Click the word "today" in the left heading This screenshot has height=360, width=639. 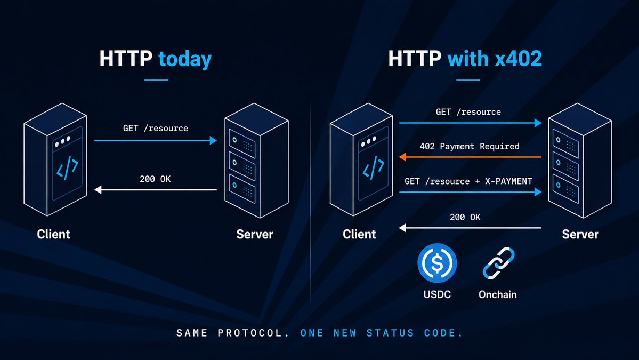coord(185,59)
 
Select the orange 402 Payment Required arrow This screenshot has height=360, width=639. coord(470,157)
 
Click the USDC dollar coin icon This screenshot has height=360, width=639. coord(437,263)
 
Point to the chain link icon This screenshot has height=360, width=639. coord(498,263)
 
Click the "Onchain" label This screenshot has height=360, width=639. coord(498,294)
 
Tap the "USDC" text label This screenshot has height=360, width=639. coord(437,294)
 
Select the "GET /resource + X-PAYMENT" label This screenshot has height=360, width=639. coord(468,181)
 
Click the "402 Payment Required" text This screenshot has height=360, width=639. coord(470,146)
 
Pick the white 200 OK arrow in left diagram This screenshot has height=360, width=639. coord(155,189)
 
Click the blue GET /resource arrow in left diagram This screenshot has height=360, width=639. coord(155,140)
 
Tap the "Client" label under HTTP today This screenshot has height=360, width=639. coord(53,234)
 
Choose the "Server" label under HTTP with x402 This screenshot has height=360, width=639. coord(580,234)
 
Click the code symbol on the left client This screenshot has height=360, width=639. coord(67,167)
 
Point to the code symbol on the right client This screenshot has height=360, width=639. coord(373,167)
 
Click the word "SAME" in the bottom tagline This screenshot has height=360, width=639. coord(192,333)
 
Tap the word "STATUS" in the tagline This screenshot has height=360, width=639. coord(390,333)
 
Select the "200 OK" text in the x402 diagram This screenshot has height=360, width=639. coord(465,217)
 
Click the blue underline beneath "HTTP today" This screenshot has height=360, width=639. coord(157,80)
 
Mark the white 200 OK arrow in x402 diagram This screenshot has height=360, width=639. coord(470,228)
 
